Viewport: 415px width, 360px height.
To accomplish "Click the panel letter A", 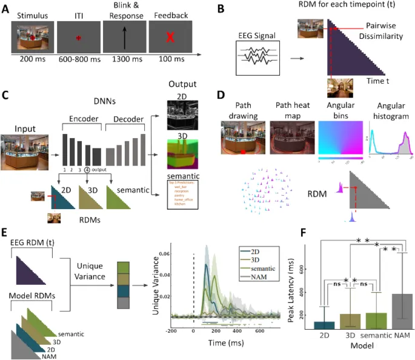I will [5, 7].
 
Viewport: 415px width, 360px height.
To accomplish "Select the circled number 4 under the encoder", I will [87, 170].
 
